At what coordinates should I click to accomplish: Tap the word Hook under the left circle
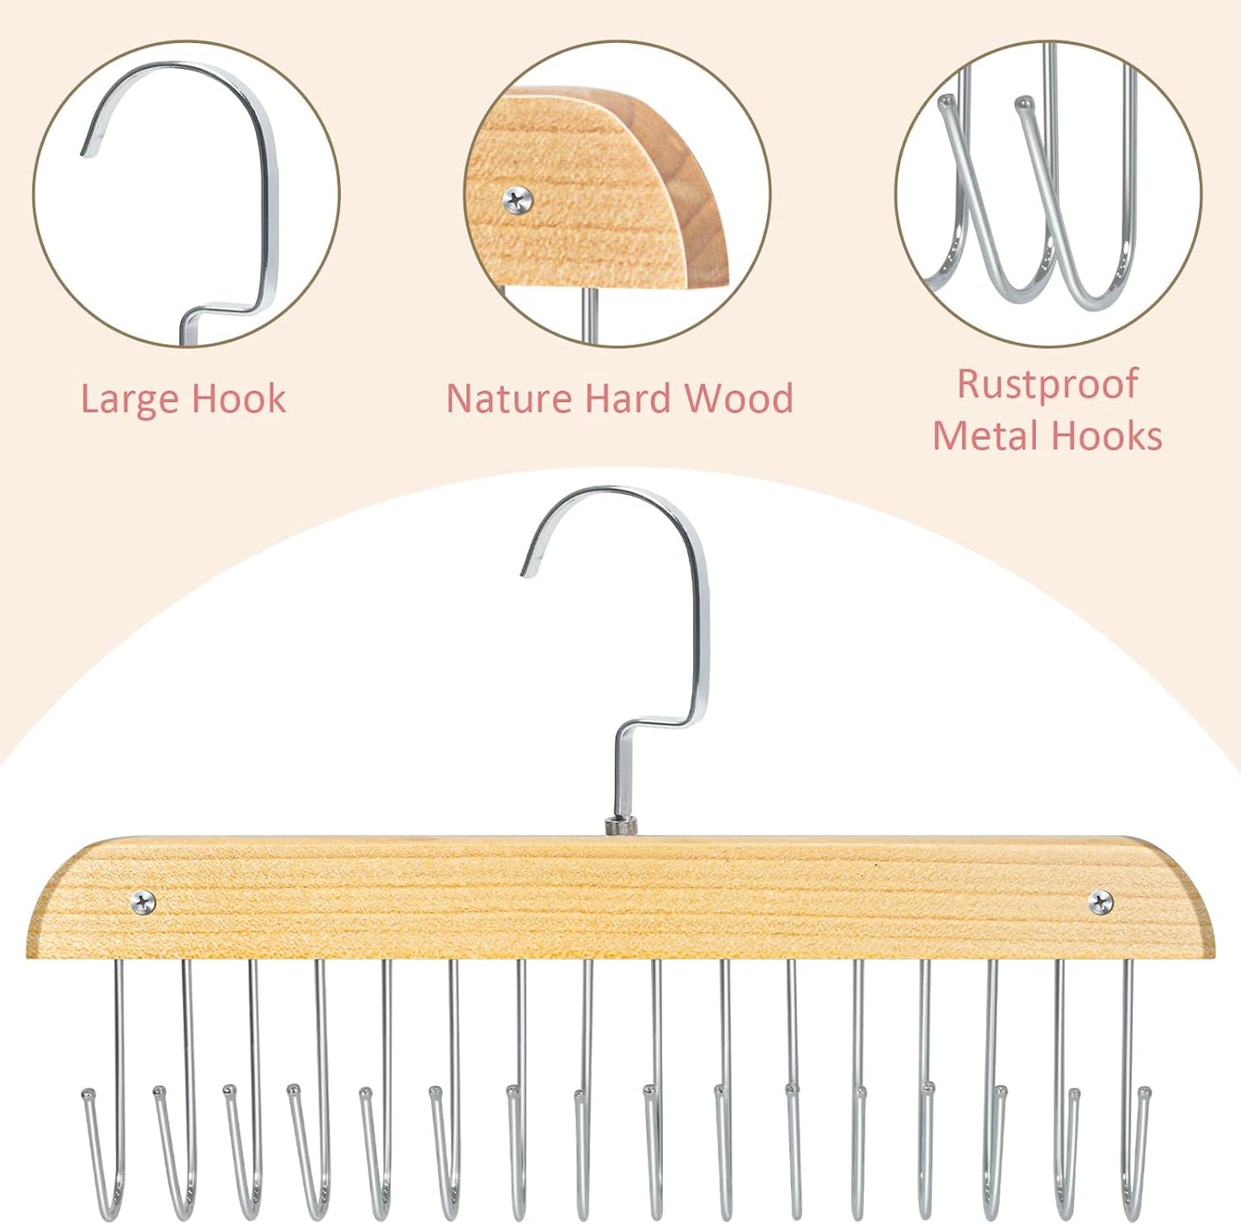coord(238,399)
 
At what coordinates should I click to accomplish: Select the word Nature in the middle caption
coord(508,399)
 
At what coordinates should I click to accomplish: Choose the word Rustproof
coord(1048,386)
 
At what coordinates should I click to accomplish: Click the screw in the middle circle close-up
coord(519,200)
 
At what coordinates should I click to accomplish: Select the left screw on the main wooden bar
coord(143,902)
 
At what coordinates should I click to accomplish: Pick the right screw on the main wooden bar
coord(1101,902)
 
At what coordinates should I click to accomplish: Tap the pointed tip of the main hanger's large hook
coord(526,572)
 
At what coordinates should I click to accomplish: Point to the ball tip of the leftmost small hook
coord(88,1094)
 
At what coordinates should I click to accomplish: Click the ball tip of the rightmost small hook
coord(1144,1092)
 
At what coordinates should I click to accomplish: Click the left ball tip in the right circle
coord(946,102)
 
